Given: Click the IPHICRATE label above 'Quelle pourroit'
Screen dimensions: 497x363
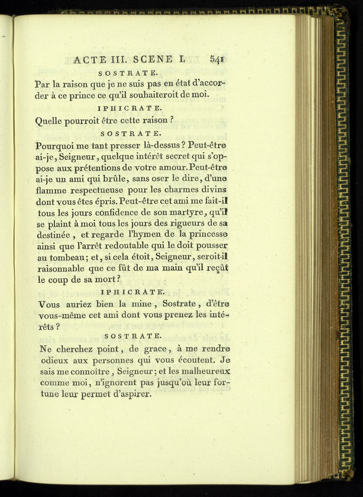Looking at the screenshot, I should (129, 108).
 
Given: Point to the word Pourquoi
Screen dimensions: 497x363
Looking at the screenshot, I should (57, 145).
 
